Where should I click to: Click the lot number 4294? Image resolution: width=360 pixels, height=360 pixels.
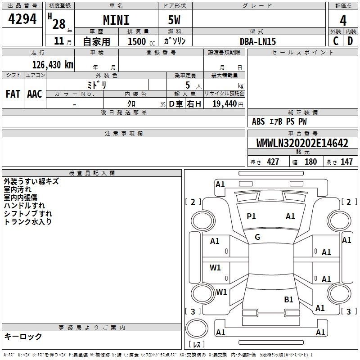pos(22,19)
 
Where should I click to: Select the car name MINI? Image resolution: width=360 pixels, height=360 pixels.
pos(116,20)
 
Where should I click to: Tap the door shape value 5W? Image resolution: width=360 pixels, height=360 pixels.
pos(174,20)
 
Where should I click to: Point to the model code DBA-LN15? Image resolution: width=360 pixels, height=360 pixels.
pos(257,41)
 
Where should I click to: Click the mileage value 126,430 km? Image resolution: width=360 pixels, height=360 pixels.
pos(53,65)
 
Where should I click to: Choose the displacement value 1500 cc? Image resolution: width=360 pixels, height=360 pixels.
pos(141,41)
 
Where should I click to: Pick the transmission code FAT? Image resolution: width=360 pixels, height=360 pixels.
pos(13,94)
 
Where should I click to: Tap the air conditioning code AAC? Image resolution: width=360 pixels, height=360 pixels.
pos(35,94)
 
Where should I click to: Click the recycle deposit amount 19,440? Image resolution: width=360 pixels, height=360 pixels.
pos(224,104)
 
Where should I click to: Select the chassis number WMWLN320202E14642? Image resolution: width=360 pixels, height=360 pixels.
pos(302,143)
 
